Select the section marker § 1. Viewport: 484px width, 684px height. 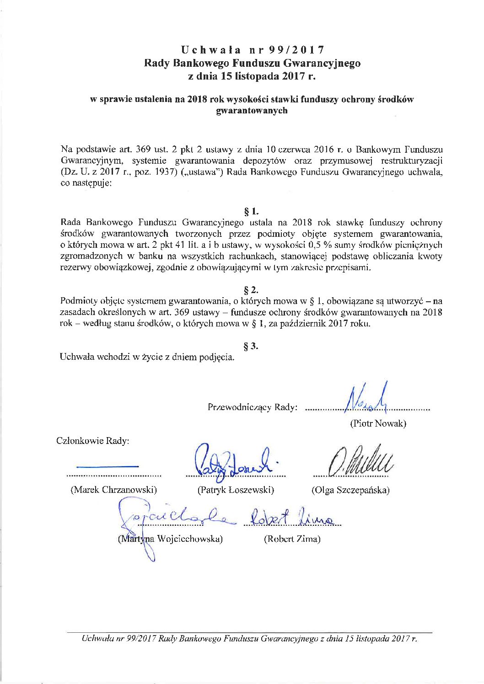point(252,211)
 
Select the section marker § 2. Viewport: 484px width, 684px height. point(252,290)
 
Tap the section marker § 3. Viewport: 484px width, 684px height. point(252,346)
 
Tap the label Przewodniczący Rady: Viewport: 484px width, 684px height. point(253,407)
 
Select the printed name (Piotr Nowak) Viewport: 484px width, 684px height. point(378,423)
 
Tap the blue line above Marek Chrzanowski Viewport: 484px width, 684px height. point(108,466)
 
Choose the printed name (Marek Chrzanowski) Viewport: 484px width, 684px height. point(113,490)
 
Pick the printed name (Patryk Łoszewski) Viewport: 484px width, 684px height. point(236,490)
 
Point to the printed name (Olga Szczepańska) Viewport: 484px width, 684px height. point(350,490)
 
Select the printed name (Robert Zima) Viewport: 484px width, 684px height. point(292,539)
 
